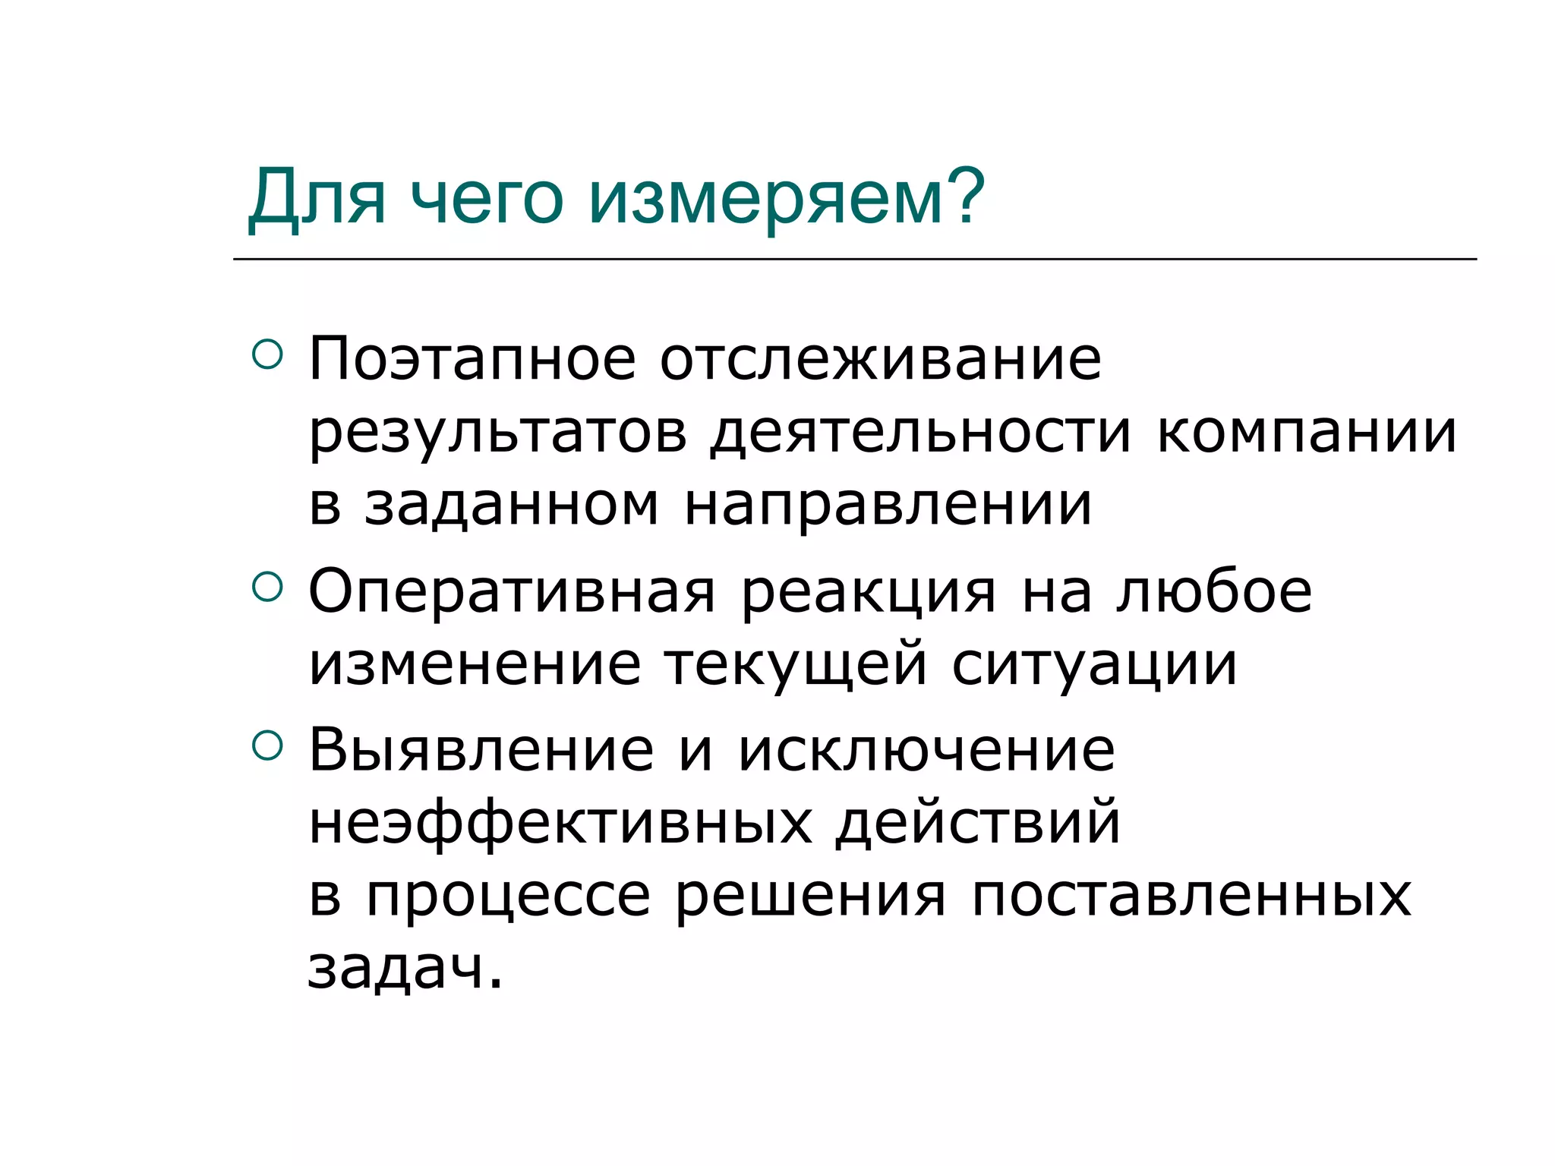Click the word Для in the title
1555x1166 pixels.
pos(317,199)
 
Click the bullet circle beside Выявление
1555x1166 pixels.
pos(267,745)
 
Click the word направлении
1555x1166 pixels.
pos(888,506)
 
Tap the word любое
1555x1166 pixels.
pos(1214,591)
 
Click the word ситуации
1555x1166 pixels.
pos(1094,665)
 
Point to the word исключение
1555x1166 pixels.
pos(926,750)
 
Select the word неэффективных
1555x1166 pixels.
pos(560,823)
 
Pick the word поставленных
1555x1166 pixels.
pos(1191,896)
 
